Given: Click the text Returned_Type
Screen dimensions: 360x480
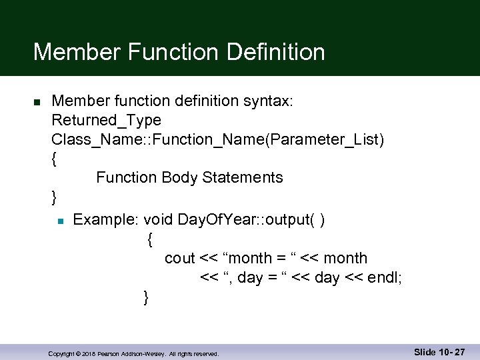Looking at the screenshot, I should tap(106, 121).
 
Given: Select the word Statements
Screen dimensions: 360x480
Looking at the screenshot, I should tap(243, 178).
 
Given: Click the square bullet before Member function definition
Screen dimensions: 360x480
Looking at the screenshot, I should tap(37, 101).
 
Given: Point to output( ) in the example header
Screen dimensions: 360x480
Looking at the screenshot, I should tap(299, 220).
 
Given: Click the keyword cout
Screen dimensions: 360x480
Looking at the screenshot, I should tap(179, 259).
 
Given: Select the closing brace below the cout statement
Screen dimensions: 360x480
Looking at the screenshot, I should tap(147, 297).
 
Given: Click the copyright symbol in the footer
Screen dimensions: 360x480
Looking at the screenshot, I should tap(77, 353).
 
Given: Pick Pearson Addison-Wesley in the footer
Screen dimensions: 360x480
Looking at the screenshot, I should tap(131, 353).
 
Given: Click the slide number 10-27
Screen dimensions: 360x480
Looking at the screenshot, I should tap(451, 352).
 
